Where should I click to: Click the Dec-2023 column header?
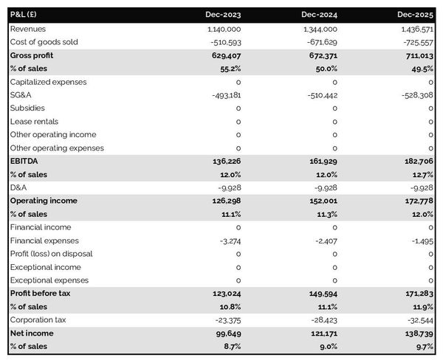[224, 14]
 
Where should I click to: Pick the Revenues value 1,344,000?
[315, 29]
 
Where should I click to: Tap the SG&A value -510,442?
[320, 95]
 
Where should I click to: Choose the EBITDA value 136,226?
[226, 161]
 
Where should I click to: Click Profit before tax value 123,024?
[226, 294]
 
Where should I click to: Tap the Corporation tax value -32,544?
[419, 320]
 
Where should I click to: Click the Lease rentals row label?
[34, 122]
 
